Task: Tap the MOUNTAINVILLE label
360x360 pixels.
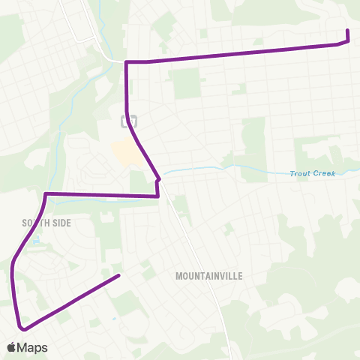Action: pos(209,276)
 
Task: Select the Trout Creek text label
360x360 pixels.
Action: pos(312,174)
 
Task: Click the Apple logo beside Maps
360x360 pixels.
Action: pos(12,347)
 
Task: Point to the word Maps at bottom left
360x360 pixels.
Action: pos(34,347)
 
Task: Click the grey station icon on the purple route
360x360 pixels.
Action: pos(130,119)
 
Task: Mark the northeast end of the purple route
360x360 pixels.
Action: pos(347,30)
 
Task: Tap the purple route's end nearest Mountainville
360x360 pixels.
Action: pos(119,276)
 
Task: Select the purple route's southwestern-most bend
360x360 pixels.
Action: pos(24,328)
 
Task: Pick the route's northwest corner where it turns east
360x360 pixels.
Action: pos(126,61)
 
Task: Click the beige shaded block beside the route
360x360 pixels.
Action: pos(124,154)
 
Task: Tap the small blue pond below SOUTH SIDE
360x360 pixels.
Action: pos(35,242)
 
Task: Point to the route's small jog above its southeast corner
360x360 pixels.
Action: pos(158,179)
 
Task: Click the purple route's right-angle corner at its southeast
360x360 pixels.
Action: pos(158,196)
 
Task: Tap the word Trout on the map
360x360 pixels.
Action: pos(300,174)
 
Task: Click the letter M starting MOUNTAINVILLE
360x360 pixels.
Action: pos(178,276)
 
